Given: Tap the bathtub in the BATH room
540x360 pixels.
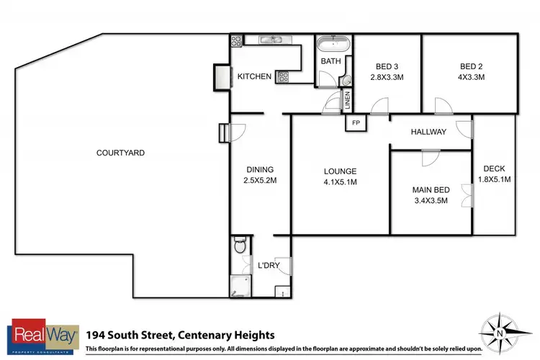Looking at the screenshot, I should pyautogui.click(x=332, y=43).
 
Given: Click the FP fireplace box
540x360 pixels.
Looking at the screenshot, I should pyautogui.click(x=356, y=123).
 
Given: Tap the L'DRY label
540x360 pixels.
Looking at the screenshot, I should pyautogui.click(x=268, y=266).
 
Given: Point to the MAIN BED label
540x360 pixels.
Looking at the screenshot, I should pyautogui.click(x=431, y=190).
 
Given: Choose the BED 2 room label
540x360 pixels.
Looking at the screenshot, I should pyautogui.click(x=472, y=66).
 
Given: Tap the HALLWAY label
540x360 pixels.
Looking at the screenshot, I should pyautogui.click(x=428, y=132).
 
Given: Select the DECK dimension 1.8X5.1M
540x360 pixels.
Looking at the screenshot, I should pyautogui.click(x=495, y=180).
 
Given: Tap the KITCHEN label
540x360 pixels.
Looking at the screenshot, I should pyautogui.click(x=254, y=77).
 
